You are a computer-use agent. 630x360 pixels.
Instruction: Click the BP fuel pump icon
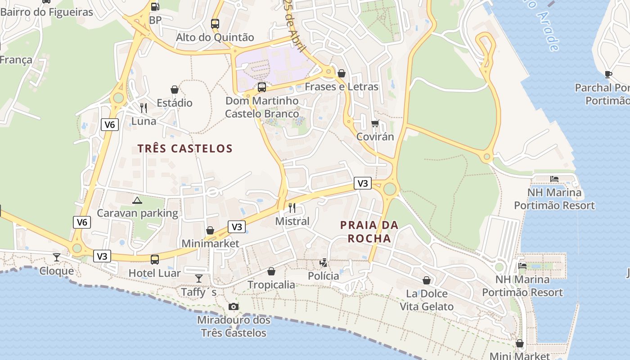coord(155,6)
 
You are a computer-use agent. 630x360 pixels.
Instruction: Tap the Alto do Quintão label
coord(215,37)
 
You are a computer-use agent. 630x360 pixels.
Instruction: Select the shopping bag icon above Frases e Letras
coord(342,73)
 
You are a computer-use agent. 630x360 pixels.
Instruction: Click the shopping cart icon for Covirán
coord(375,123)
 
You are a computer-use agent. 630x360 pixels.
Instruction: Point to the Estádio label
coord(174,103)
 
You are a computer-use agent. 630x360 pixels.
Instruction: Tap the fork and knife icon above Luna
coord(144,108)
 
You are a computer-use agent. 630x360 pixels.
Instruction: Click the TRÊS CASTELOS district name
coord(185,148)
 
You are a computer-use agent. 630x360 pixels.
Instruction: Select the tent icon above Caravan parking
coord(137,200)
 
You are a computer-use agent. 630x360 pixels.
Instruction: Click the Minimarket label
coord(210,243)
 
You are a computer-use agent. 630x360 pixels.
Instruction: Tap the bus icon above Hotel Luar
coord(155,260)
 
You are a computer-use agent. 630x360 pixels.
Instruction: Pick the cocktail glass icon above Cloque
coord(57,257)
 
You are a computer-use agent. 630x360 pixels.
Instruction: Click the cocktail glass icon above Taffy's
coord(199,279)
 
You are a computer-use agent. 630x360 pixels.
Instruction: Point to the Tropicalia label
coord(271,285)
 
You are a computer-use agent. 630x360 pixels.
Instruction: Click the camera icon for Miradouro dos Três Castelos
coord(233,307)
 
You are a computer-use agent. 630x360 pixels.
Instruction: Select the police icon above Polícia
coord(323,262)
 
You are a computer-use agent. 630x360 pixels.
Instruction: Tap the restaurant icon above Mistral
coord(292,207)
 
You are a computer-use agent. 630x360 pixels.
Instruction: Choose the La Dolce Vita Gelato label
coord(427,300)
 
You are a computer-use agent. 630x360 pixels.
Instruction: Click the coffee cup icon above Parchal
coord(608,74)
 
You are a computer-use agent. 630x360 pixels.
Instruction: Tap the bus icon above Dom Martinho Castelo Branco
coord(261,87)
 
